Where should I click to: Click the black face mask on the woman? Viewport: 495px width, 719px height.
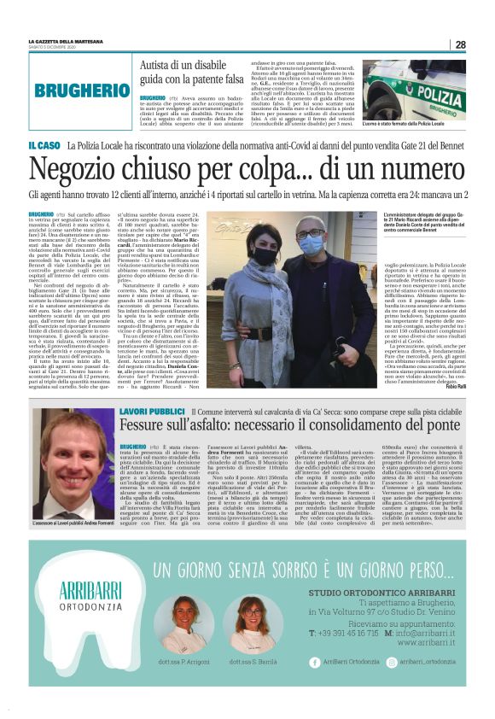click(266, 255)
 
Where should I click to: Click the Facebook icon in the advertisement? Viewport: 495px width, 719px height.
click(314, 685)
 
